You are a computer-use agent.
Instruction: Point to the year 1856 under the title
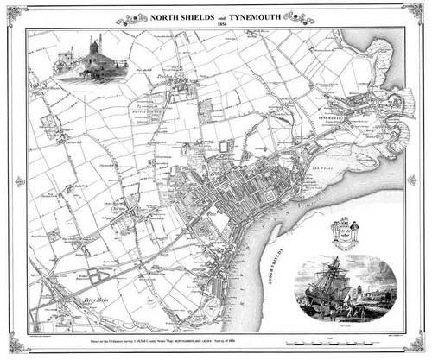point(215,25)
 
